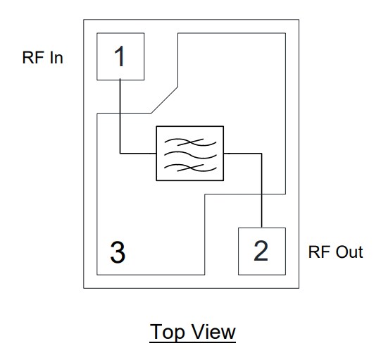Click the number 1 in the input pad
[120, 56]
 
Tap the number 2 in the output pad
[261, 251]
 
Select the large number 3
[118, 252]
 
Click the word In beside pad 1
[56, 58]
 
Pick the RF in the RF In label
[34, 58]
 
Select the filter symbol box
[189, 153]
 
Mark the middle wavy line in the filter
[189, 153]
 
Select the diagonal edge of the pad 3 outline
[165, 99]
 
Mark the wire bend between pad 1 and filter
[120, 152]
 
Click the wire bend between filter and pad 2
[262, 152]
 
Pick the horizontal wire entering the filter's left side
[138, 152]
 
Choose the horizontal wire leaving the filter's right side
[242, 152]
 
